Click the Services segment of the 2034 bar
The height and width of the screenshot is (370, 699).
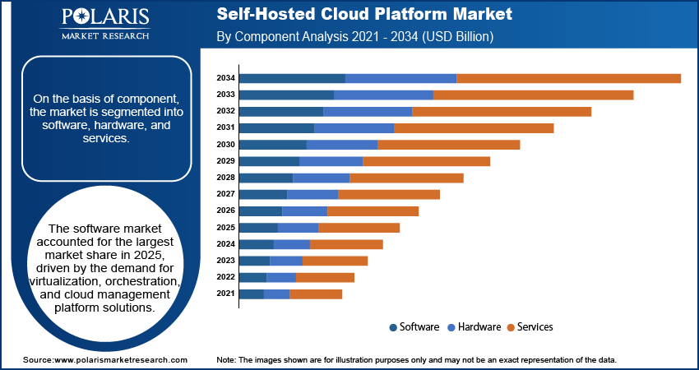[568, 78]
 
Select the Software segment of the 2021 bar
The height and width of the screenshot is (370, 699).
[252, 294]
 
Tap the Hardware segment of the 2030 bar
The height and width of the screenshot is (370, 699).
[341, 145]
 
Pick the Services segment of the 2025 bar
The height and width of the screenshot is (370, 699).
[359, 228]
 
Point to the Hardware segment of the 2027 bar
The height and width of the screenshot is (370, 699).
[312, 194]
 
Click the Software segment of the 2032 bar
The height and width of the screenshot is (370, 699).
[281, 111]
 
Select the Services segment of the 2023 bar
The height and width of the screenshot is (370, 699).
[335, 261]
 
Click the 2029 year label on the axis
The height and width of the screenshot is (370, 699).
[226, 161]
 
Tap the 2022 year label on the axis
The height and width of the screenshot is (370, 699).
[226, 277]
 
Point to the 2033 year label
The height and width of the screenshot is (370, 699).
[226, 95]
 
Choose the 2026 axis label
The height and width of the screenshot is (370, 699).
[226, 210]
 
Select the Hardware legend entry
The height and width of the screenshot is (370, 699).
[478, 327]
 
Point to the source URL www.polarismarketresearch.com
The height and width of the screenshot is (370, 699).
[104, 360]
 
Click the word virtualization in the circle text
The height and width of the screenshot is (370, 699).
[70, 281]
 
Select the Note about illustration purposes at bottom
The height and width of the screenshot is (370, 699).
[416, 360]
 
